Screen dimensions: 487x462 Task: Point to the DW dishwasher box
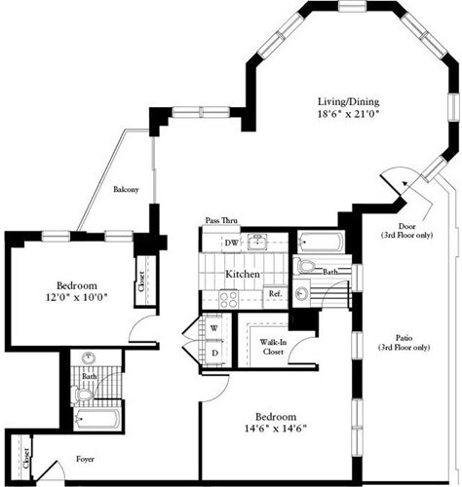(231, 243)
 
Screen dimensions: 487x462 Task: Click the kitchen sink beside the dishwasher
(257, 243)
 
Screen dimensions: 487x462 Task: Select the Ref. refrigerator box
(275, 293)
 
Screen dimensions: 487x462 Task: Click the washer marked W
(213, 327)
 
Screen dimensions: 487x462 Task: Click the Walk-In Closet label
(272, 348)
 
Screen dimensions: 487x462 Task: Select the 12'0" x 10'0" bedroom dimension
(74, 297)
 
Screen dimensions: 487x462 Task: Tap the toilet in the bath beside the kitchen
(306, 266)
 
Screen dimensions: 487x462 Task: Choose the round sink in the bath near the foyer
(90, 357)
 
